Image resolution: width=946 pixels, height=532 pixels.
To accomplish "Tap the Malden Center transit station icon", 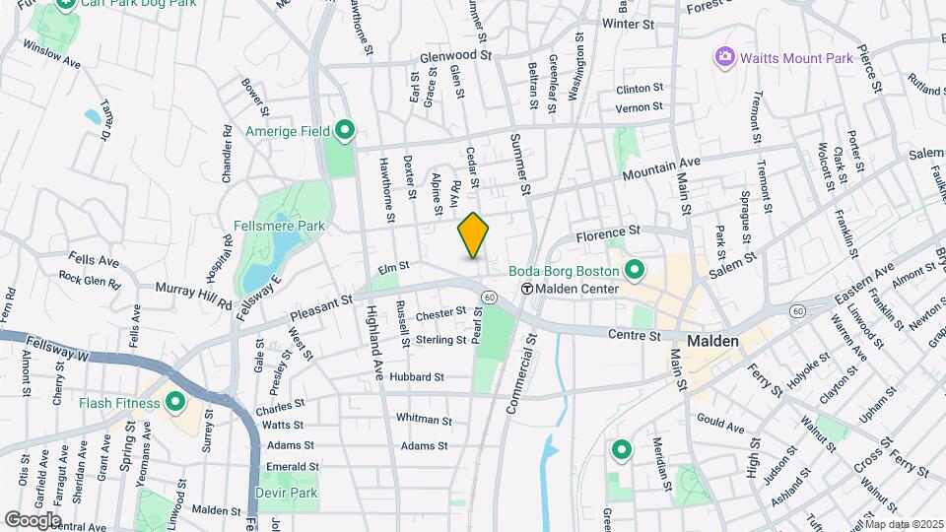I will click(527, 290).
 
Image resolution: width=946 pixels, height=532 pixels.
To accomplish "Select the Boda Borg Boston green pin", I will click(635, 269).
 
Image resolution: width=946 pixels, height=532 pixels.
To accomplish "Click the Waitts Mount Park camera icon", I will click(726, 58).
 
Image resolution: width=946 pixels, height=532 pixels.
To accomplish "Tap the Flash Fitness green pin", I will click(175, 402).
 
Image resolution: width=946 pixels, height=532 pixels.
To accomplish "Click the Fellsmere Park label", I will click(279, 227).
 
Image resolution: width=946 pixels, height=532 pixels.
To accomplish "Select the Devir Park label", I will click(287, 492).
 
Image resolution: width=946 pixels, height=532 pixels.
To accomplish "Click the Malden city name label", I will click(712, 340).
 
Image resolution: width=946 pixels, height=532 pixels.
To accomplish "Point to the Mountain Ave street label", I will click(660, 168).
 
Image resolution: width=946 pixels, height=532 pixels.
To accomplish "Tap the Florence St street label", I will click(608, 234).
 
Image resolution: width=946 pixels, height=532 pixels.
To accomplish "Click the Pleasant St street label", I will click(321, 311).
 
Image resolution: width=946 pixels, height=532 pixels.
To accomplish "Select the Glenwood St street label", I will click(454, 56).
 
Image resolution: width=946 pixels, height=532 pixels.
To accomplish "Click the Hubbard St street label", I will click(417, 376).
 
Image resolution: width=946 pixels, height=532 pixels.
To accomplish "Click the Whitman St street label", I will click(424, 419).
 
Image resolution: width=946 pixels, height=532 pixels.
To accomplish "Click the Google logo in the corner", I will click(33, 519).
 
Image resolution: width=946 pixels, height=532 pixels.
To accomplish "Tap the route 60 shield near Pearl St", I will click(488, 297).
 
